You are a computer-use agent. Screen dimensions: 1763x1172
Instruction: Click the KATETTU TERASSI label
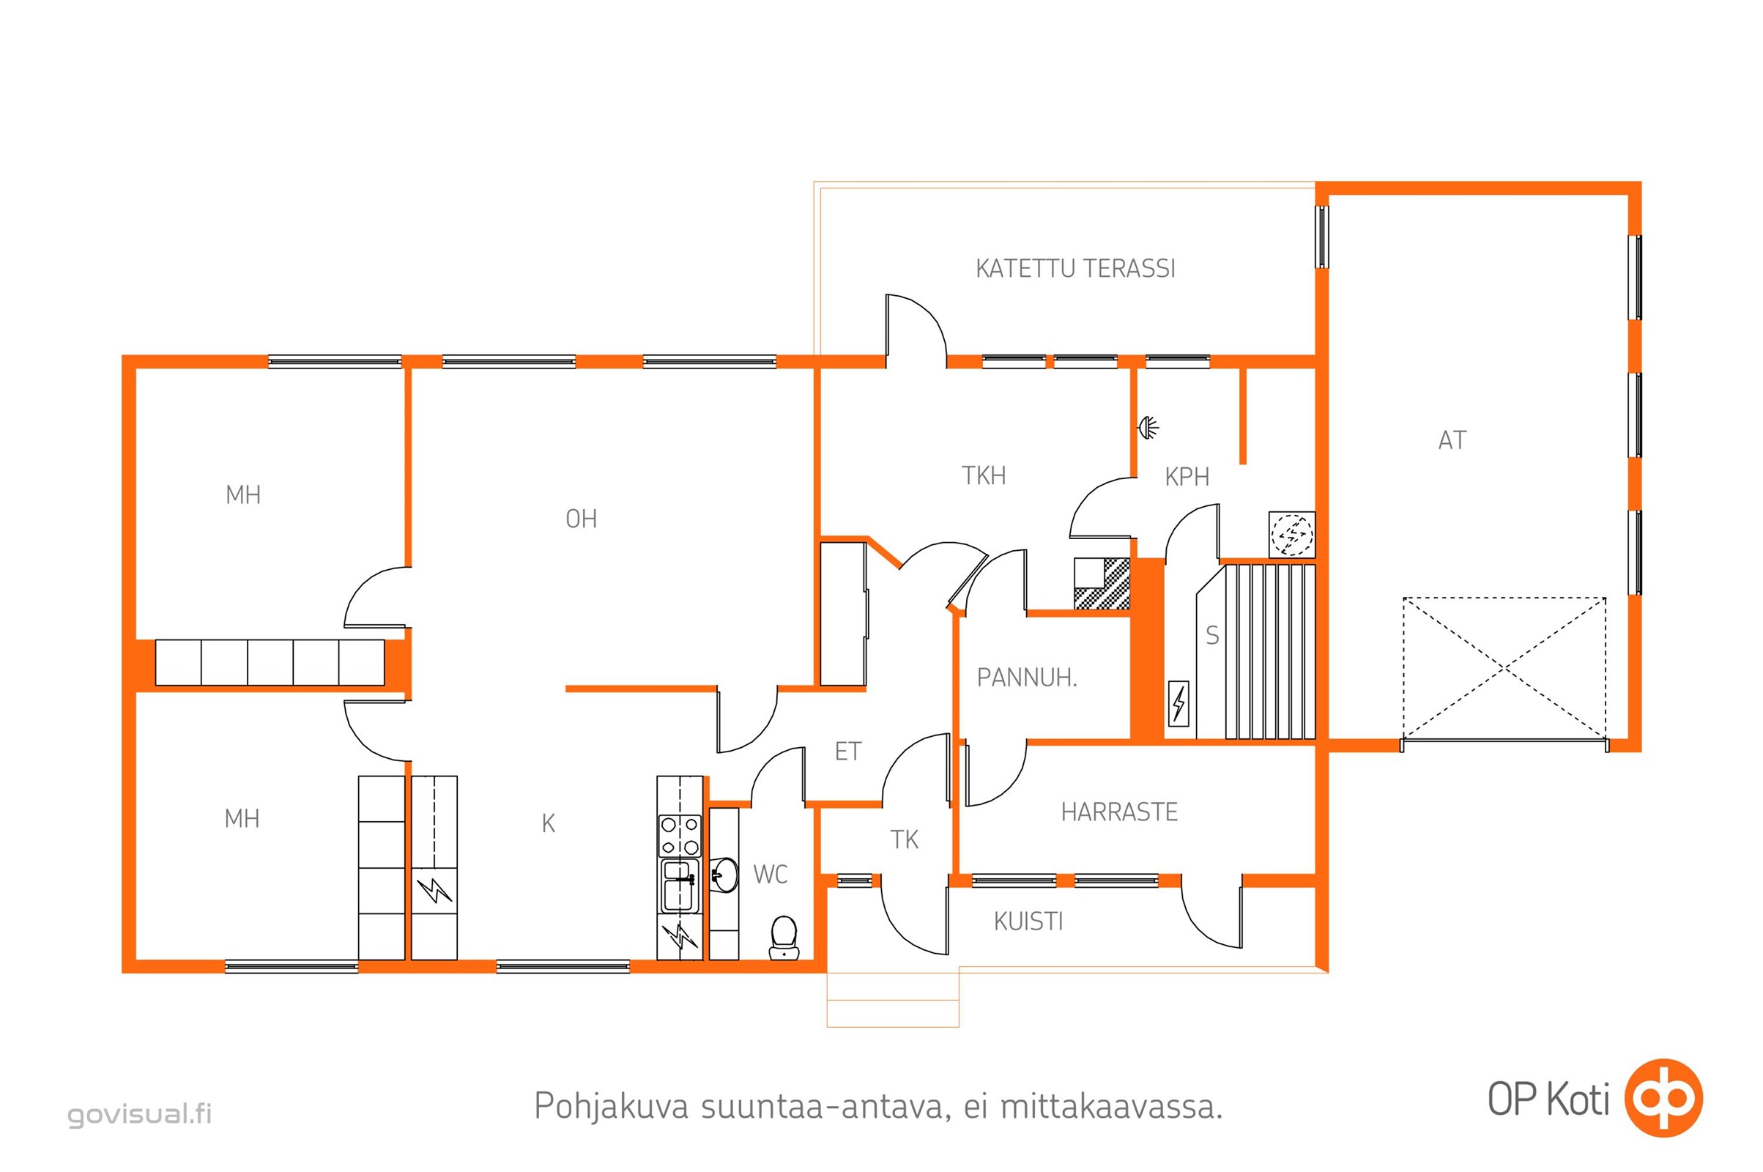coord(1074,268)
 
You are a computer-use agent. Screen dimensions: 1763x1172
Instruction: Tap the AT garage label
coord(1452,440)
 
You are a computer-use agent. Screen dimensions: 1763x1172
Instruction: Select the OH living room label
coord(581,519)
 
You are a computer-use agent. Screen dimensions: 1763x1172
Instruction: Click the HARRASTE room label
coord(1118,812)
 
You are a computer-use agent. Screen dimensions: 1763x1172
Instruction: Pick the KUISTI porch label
coord(1028,921)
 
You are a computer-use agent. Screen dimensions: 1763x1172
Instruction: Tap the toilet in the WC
coord(783,938)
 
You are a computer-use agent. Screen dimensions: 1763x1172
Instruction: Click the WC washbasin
coord(724,875)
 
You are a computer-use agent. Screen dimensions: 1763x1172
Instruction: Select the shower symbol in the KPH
coord(1148,428)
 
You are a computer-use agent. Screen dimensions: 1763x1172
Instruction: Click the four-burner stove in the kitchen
coord(679,836)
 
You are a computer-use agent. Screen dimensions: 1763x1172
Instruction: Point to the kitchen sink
coord(679,886)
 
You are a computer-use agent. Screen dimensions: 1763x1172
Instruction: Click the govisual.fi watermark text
coord(139,1113)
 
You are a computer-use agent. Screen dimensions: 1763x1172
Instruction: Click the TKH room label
coord(984,475)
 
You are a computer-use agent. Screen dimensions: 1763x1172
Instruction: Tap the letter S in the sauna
coord(1212,635)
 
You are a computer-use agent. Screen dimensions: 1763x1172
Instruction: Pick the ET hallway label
coord(847,752)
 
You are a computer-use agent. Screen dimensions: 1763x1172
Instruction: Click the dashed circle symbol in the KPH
coord(1291,535)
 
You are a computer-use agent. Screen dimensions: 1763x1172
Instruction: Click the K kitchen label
coord(548,823)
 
